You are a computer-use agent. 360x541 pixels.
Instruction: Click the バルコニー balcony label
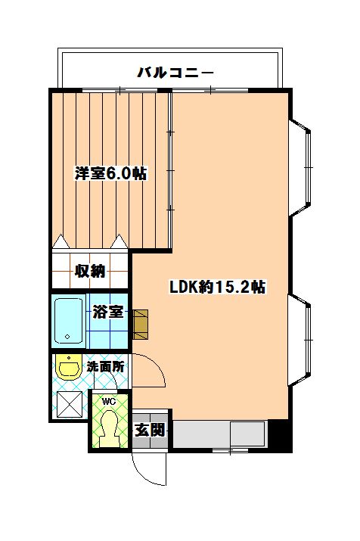coord(175,73)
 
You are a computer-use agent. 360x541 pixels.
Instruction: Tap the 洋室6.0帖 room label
coord(110,173)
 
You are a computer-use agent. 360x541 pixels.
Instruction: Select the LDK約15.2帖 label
coord(217,287)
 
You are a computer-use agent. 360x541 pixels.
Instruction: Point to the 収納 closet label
coord(90,271)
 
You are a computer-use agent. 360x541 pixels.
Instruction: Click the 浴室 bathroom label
coord(108,312)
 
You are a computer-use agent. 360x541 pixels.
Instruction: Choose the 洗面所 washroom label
coord(105,366)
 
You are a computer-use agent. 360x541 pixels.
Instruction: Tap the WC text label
coord(109,402)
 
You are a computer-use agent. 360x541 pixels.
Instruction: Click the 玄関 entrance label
coord(149,430)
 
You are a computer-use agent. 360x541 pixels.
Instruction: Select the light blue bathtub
coord(68,321)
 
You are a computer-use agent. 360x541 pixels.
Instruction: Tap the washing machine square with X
coord(70,404)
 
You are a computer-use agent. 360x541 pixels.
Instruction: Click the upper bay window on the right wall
coord(299,168)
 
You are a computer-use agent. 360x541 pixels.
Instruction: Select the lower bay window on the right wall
coord(299,340)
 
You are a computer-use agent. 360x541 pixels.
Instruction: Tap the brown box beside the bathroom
coord(141,325)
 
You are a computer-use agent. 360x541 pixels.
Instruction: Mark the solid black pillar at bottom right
coord(280,435)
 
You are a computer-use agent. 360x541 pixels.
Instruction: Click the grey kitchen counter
coord(219,434)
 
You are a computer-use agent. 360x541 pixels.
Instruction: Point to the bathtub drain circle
coord(67,337)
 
